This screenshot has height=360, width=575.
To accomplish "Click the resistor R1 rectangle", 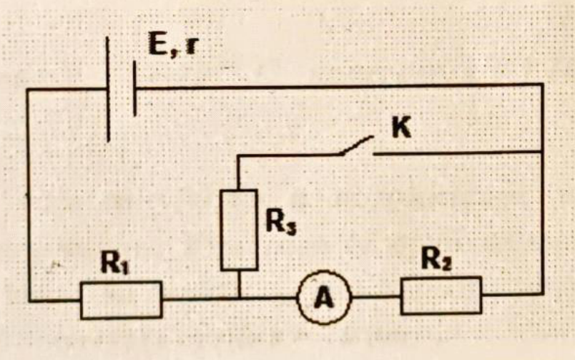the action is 122,300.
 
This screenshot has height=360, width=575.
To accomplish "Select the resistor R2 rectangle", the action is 441,296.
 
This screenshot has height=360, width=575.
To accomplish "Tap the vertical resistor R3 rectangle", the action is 239,230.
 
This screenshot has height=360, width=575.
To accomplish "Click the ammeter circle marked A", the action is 325,298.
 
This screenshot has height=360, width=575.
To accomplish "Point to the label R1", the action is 115,263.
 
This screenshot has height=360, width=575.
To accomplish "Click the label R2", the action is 436,259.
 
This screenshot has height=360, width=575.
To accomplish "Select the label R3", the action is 280,223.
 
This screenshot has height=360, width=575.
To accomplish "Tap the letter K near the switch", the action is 401,128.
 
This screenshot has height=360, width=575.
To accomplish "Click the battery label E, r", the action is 172,44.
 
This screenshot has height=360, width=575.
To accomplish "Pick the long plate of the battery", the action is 108,89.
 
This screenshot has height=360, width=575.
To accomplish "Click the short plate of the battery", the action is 134,89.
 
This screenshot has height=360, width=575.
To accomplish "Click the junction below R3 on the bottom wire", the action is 239,298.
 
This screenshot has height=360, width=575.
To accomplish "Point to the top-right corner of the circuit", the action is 542,84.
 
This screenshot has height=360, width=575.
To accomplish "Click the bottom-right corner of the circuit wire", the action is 542,293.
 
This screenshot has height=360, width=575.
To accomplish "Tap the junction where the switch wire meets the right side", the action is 542,151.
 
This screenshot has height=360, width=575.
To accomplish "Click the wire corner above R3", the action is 238,156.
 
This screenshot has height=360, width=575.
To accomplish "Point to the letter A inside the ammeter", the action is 324,298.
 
